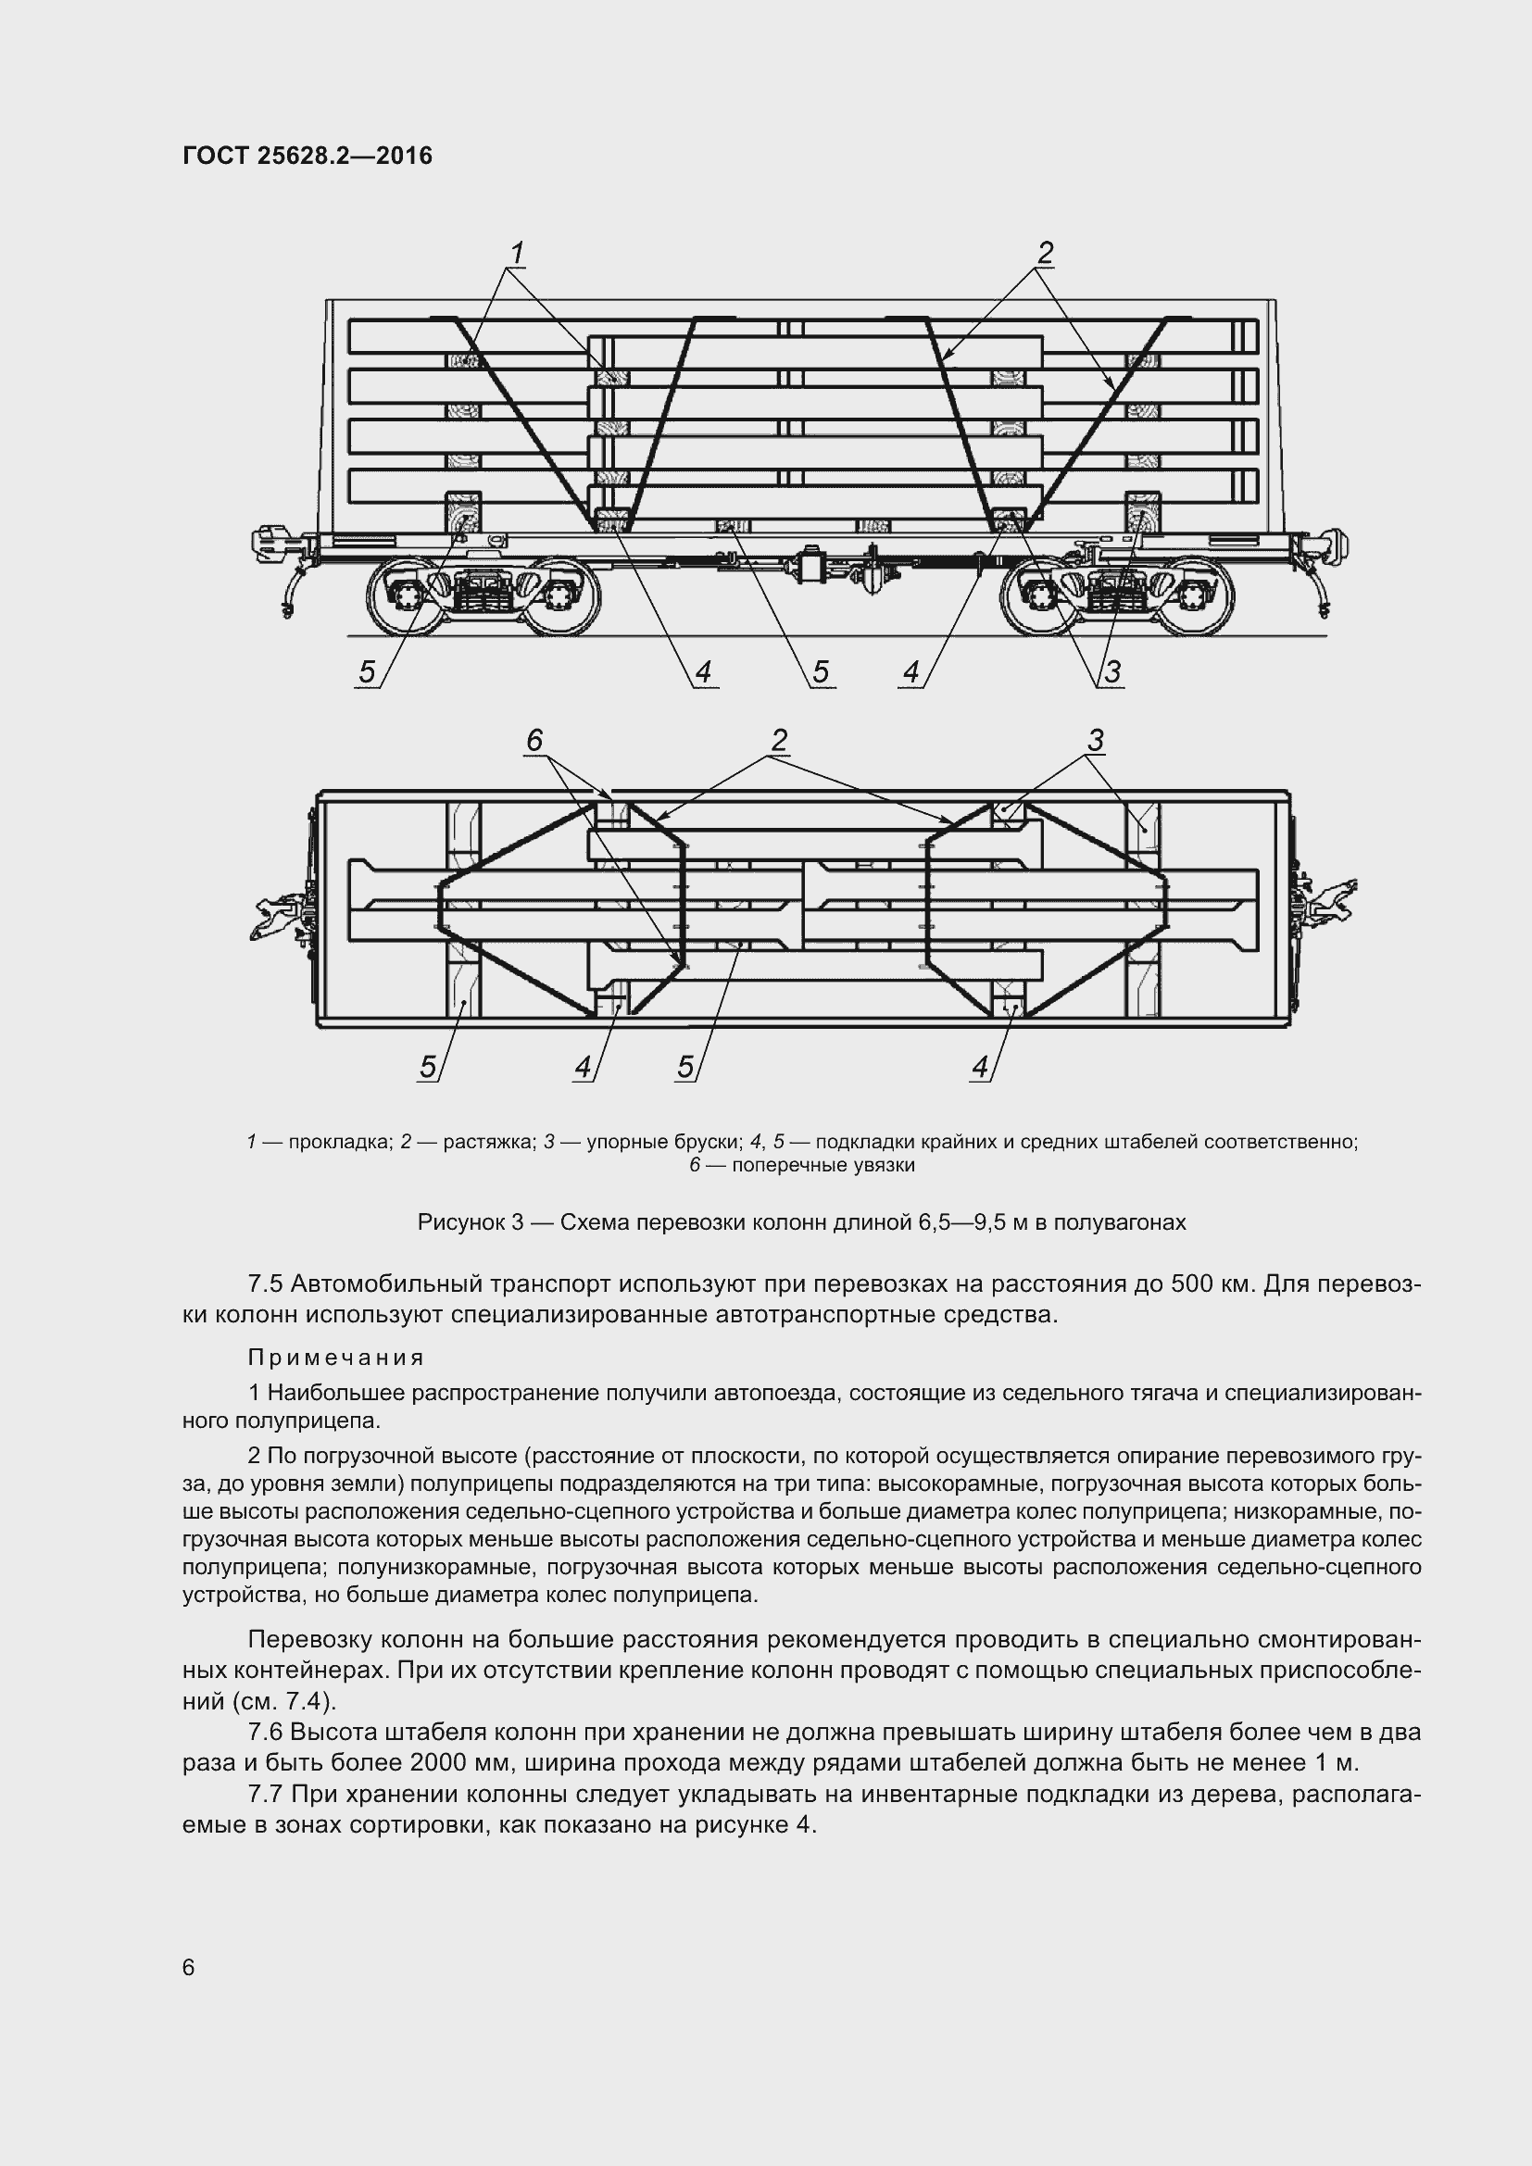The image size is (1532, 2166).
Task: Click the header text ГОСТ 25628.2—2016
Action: point(308,156)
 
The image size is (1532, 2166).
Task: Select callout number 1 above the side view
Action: point(517,253)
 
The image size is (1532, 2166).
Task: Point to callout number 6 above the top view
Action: point(534,741)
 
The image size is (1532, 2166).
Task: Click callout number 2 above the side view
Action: point(1044,253)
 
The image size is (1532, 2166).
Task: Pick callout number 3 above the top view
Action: point(1095,741)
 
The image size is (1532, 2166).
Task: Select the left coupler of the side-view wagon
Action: point(273,545)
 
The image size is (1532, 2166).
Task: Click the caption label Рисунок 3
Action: point(470,1222)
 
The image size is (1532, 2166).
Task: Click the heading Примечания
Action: point(337,1358)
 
